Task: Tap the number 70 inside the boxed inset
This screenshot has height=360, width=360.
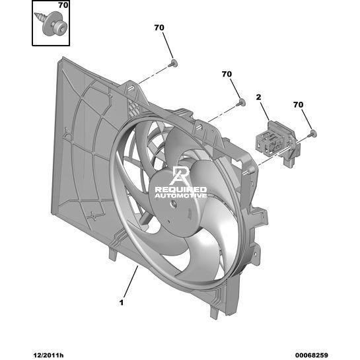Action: click(63, 5)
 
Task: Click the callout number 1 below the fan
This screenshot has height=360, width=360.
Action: click(122, 303)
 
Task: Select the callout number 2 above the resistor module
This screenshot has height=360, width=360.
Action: click(258, 97)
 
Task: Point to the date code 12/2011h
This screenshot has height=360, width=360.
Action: click(48, 355)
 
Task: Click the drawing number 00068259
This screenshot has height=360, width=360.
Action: click(312, 355)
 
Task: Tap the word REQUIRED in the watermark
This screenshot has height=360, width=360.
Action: click(181, 190)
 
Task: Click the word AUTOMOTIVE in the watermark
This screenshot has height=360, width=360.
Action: click(181, 196)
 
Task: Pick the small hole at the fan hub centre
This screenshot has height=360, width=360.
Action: click(174, 203)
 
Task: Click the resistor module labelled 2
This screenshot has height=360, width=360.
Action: click(278, 143)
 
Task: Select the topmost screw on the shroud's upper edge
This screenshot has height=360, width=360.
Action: click(172, 63)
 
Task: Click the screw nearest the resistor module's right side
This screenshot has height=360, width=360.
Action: click(312, 133)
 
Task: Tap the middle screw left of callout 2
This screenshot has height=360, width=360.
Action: click(240, 102)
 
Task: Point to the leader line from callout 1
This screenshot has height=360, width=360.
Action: click(131, 282)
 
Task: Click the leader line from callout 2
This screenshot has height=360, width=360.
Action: click(265, 111)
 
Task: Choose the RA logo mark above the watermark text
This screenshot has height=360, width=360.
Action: click(179, 176)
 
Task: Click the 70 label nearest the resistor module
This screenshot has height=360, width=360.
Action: click(299, 104)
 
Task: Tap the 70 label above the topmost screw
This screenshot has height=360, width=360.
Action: click(159, 28)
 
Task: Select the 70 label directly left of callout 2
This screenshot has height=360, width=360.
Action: click(227, 74)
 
